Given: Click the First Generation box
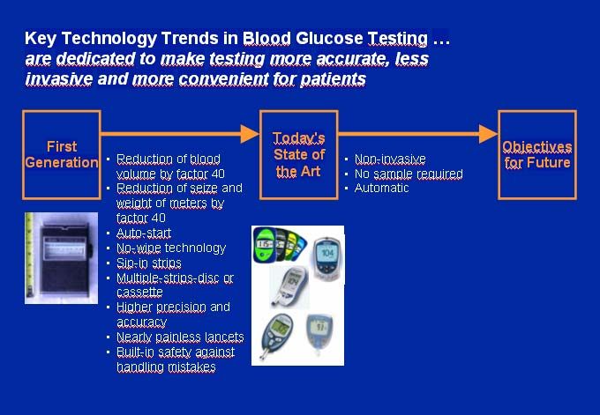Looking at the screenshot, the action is coord(62,155).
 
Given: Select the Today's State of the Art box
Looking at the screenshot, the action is coord(299,155).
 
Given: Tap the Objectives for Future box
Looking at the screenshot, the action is coord(537,155).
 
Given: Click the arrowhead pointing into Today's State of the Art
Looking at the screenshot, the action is coord(250,134).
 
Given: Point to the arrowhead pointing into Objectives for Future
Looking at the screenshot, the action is coord(488,134).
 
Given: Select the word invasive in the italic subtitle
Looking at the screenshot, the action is coord(58,79).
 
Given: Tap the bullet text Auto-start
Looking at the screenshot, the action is coord(144,233).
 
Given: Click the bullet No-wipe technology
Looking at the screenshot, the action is coord(171,248).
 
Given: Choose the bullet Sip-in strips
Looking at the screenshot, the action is coord(149,263).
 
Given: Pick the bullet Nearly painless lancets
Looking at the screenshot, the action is coord(180,337).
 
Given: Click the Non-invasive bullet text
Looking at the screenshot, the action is coord(390,159).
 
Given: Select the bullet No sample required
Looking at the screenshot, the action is coord(409,174).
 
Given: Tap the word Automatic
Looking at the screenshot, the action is coord(381,188).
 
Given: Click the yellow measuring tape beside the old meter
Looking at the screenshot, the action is coord(29,256).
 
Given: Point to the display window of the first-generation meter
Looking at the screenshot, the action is coord(64,248).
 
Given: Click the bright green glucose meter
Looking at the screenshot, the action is coord(264,245).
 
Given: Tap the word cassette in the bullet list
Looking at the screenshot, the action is coord(139,293).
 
